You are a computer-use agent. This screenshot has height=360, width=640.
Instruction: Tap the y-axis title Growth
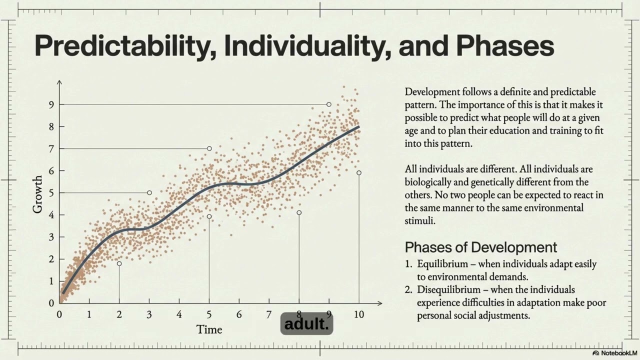(38, 194)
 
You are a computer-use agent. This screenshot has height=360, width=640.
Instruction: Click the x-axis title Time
(209, 329)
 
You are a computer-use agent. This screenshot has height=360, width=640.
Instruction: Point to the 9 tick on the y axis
(51, 104)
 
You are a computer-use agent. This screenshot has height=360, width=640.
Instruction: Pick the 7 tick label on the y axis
(51, 148)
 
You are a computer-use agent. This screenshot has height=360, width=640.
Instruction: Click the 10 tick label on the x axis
(358, 314)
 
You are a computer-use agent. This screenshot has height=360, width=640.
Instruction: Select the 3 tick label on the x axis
(149, 314)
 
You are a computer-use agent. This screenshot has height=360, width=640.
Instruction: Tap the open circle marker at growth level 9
(328, 104)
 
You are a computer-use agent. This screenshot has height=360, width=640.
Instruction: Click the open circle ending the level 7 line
(209, 148)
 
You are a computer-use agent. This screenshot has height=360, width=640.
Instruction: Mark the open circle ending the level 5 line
(149, 192)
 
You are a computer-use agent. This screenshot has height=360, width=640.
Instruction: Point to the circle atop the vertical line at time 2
(119, 263)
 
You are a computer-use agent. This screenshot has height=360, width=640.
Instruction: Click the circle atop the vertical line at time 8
(299, 212)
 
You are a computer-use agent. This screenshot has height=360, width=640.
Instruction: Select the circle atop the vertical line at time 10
(358, 173)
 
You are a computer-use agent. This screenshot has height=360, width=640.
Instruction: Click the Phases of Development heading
(480, 247)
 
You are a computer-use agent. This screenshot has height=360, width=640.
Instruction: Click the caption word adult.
(307, 324)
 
